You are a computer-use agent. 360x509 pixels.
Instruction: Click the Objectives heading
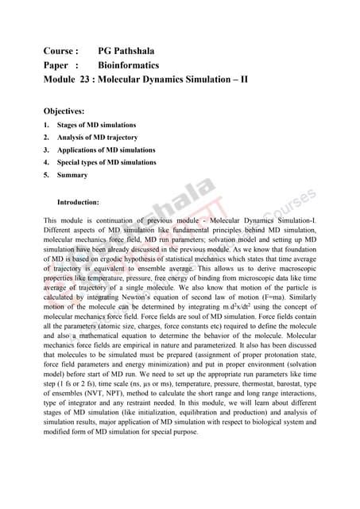[x=70, y=113]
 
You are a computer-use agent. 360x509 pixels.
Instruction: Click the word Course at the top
[x=60, y=50]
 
